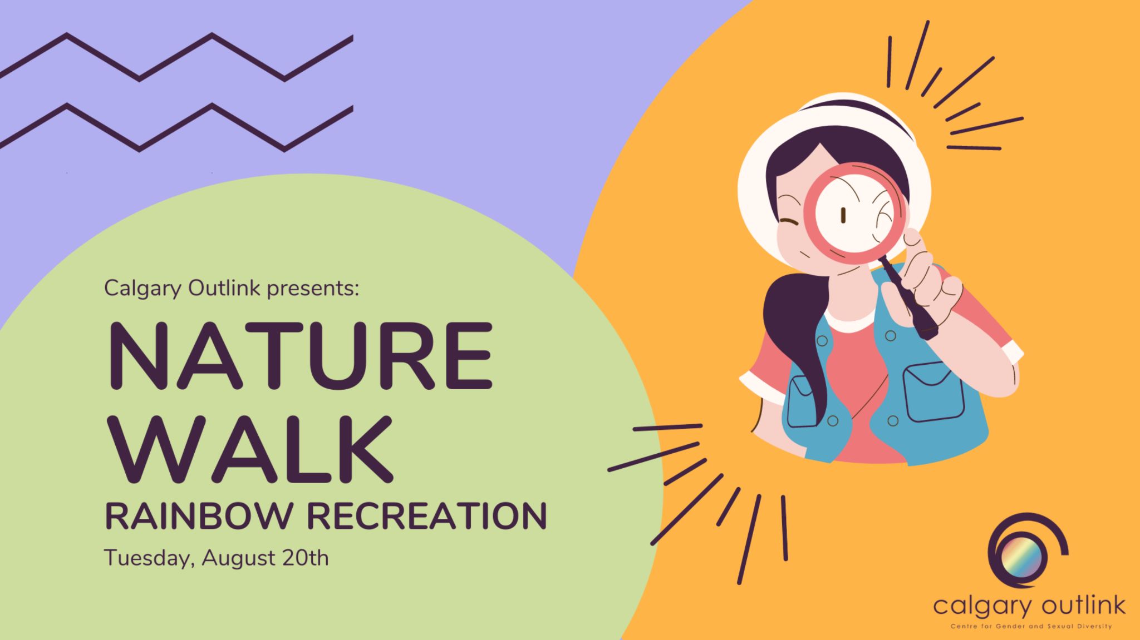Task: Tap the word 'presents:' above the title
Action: pos(312,289)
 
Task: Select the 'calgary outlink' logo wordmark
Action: pos(1029,606)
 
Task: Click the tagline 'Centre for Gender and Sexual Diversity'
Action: pos(1031,627)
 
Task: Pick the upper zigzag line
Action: pos(176,57)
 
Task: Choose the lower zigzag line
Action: pos(176,127)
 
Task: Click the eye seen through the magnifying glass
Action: pos(843,215)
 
